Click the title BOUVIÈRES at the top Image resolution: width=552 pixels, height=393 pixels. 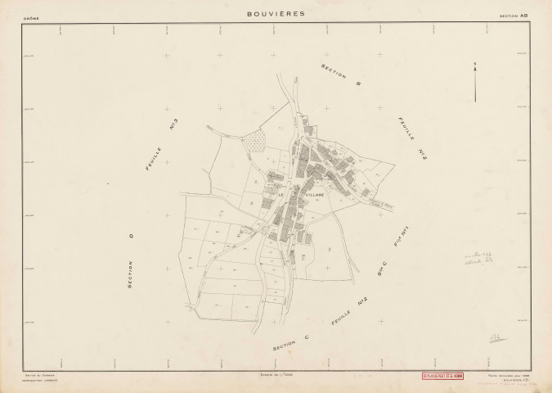(x=275, y=13)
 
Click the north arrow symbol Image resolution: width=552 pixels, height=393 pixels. (x=474, y=84)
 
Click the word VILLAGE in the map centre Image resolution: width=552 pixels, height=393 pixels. (x=314, y=195)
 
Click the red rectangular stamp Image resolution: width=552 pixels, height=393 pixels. (x=441, y=377)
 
